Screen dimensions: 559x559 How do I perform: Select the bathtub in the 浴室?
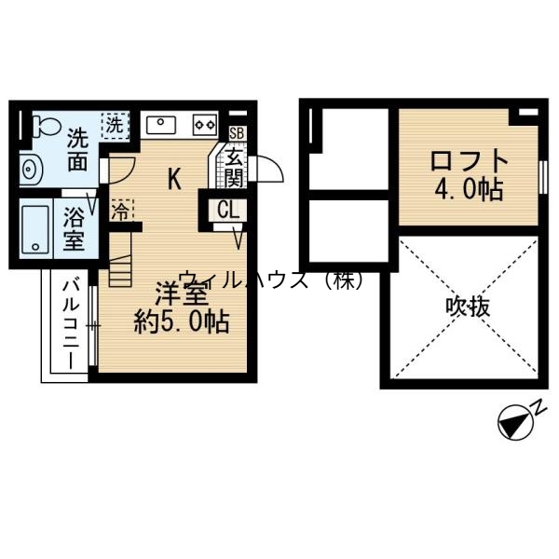click(34, 229)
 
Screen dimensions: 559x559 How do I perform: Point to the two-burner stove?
click(204, 122)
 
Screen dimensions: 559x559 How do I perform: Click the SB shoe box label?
click(236, 133)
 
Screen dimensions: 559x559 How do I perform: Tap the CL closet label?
click(227, 210)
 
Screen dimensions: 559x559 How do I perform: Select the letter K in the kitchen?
click(174, 179)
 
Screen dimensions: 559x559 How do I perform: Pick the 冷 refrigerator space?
click(119, 208)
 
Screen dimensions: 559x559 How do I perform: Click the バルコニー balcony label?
click(71, 322)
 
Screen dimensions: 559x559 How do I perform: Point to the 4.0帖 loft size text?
click(469, 190)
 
